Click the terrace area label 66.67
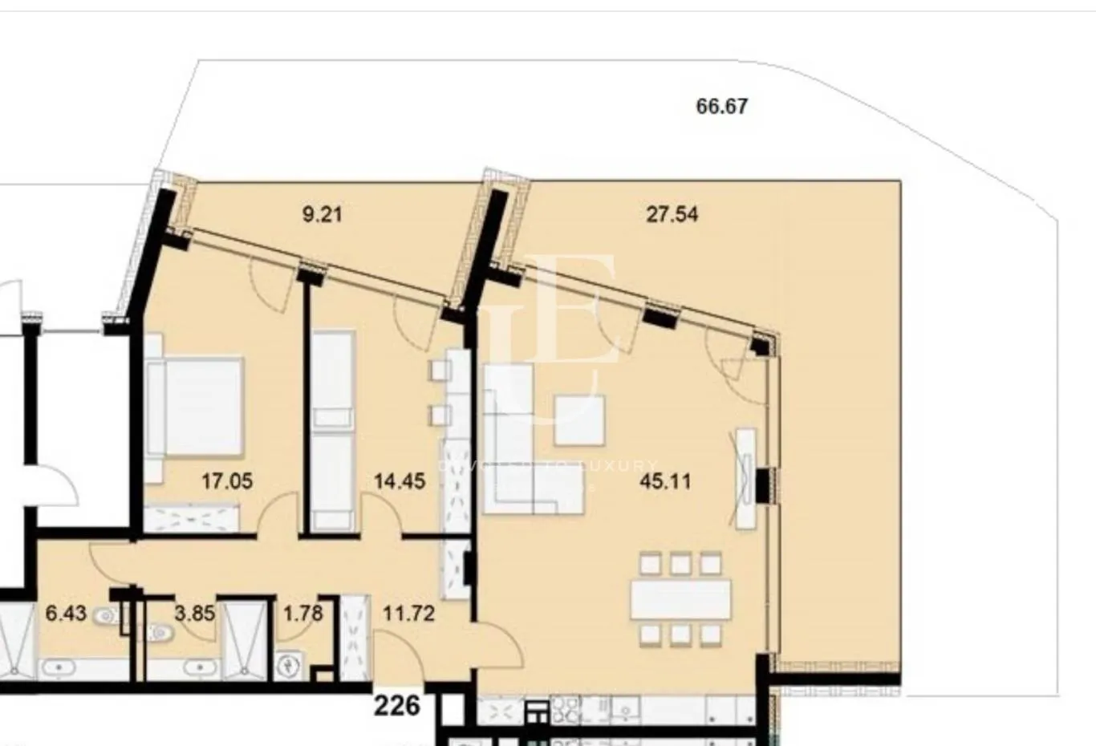click(x=721, y=106)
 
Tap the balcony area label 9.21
click(x=321, y=214)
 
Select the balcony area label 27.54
click(x=672, y=214)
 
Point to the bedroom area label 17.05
click(x=227, y=481)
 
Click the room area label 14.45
click(x=400, y=481)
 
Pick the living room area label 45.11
click(x=665, y=481)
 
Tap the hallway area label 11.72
click(x=408, y=614)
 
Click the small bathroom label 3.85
click(x=194, y=614)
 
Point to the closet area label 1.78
click(x=302, y=614)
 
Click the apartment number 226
click(x=397, y=705)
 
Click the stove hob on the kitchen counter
click(x=563, y=709)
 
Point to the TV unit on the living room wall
click(x=745, y=478)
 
